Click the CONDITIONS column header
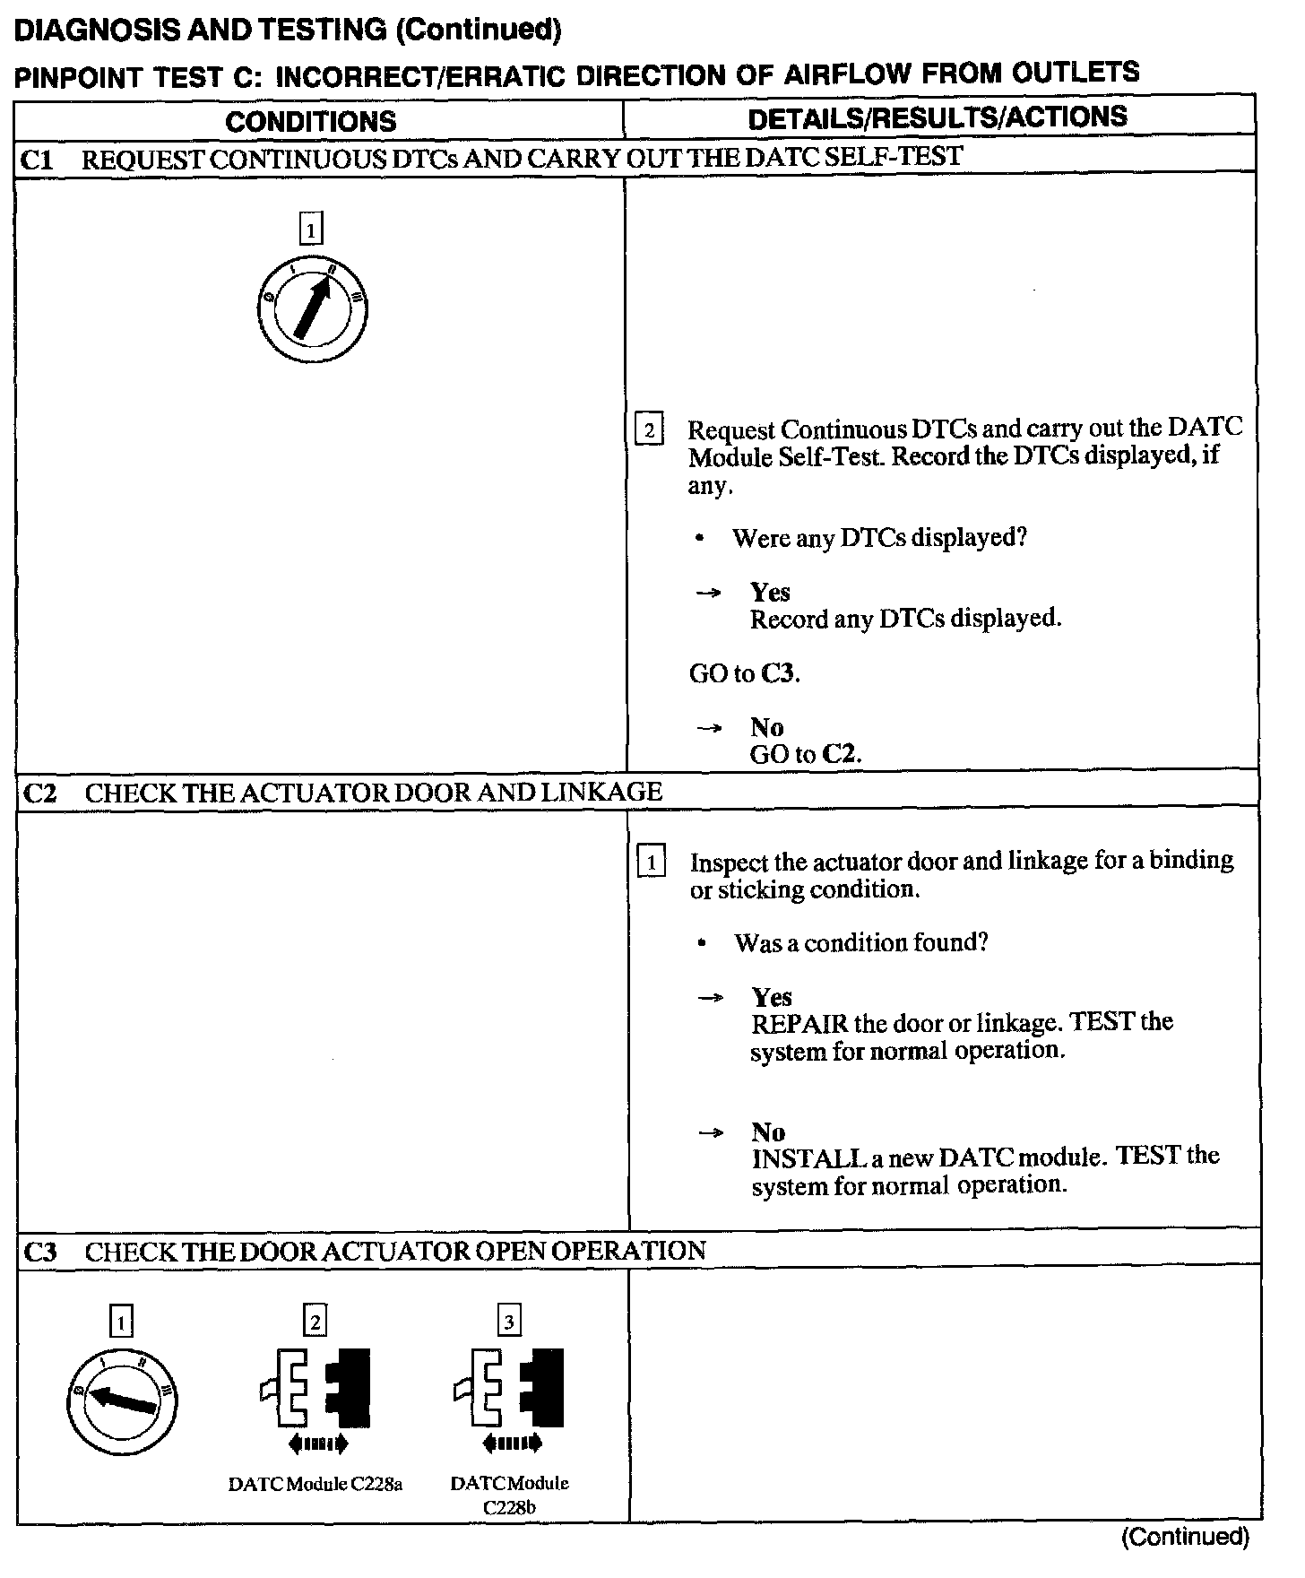click(310, 121)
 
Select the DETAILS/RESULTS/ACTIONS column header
click(938, 117)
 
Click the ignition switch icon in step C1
click(311, 310)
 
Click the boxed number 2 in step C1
click(649, 429)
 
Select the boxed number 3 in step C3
click(509, 1321)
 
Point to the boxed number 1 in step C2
click(652, 863)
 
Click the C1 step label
click(38, 160)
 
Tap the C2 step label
click(39, 793)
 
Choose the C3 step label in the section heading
click(39, 1251)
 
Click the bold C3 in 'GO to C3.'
click(779, 673)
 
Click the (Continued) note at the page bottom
click(1184, 1537)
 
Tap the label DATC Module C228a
click(315, 1484)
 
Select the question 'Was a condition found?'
click(860, 943)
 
